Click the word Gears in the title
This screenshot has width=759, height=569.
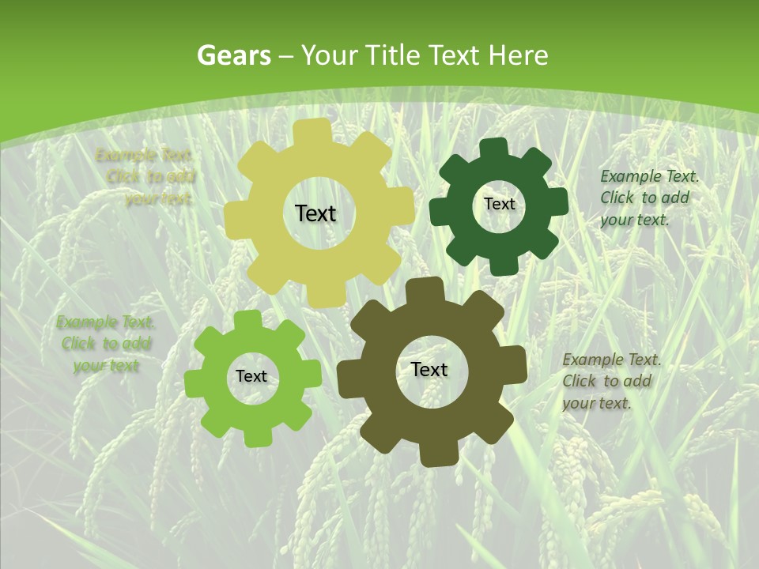pos(233,55)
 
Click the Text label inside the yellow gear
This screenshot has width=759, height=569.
pos(315,213)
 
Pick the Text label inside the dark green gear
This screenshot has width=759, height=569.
pos(499,204)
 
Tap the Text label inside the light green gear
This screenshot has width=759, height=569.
pos(251,376)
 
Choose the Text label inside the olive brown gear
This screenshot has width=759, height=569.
pos(429,369)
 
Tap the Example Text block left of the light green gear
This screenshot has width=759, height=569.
pos(106,344)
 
